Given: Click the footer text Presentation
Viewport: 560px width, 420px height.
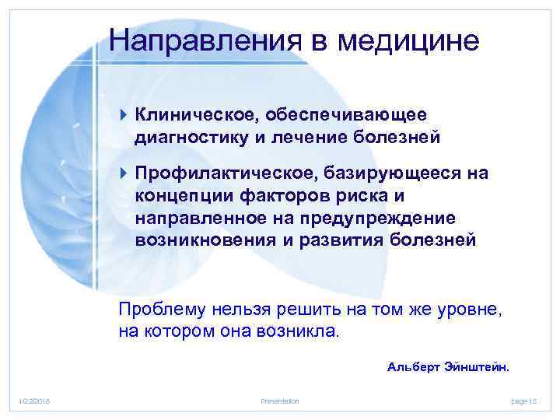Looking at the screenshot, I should tap(281, 401).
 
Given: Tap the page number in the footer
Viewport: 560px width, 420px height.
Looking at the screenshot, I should tap(525, 401).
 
